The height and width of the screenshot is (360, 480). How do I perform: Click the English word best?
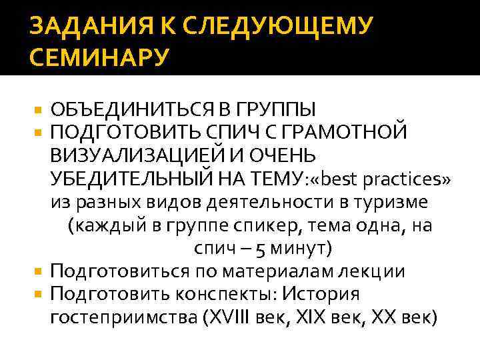click(343, 179)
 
